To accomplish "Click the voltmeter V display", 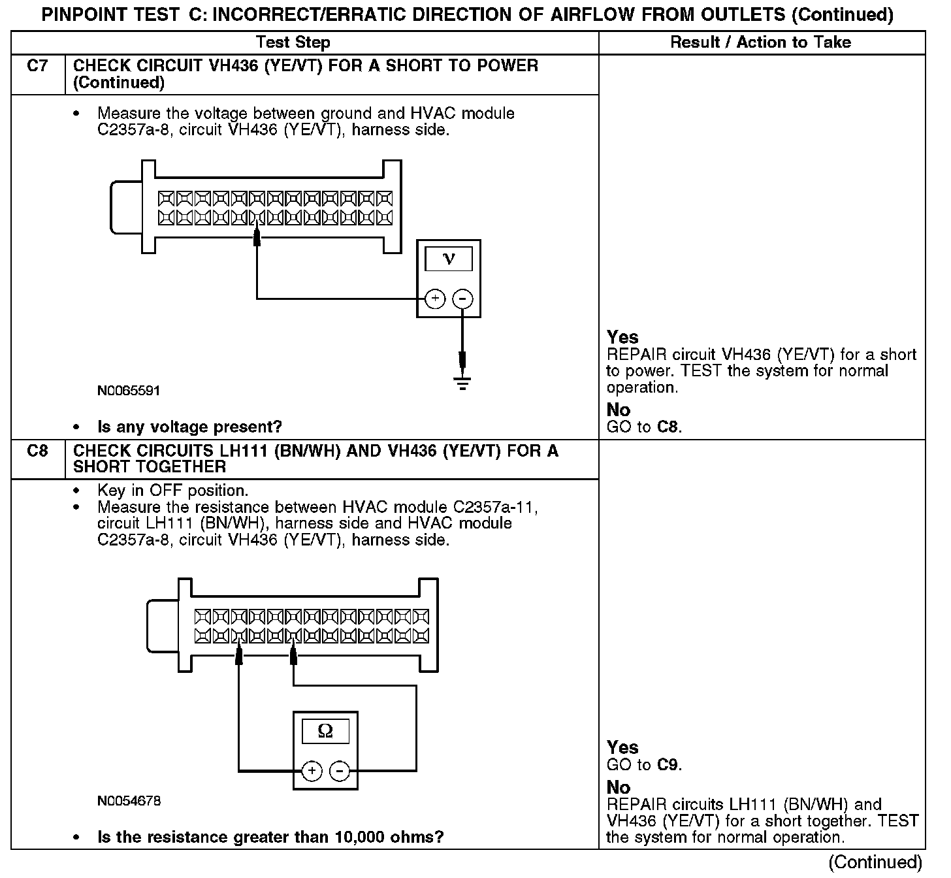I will point(448,259).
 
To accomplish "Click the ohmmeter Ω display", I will point(325,731).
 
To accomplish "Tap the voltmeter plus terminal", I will point(435,299).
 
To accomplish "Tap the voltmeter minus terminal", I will point(462,299).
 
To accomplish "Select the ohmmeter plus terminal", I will point(312,771).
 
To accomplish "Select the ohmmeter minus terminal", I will point(340,771).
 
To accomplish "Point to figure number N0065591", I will point(129,391).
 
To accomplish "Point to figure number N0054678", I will point(129,800).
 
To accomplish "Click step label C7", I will point(38,66).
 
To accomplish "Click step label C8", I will point(38,451).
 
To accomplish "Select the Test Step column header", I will point(293,42).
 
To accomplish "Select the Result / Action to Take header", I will point(760,42).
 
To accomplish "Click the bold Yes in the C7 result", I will point(622,337).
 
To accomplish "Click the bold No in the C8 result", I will point(618,787).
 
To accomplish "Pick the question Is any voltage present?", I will point(189,427).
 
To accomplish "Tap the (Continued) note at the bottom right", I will point(875,862).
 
